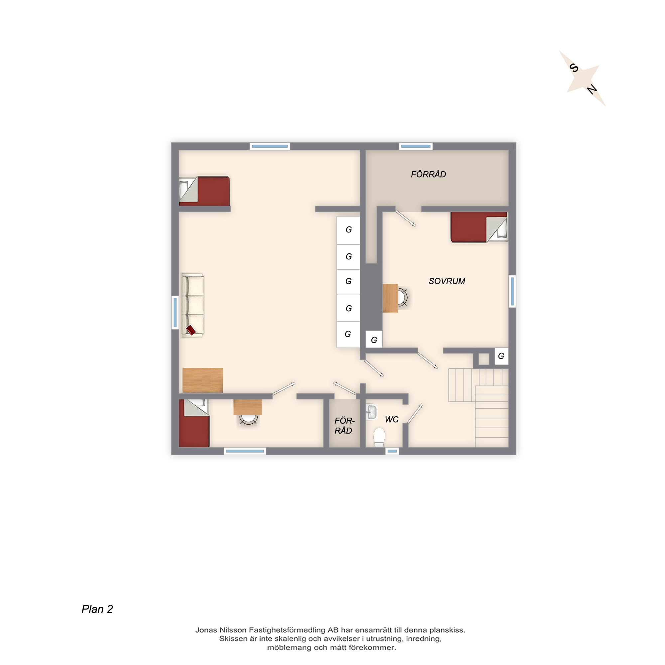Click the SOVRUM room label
click(447, 281)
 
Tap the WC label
click(392, 419)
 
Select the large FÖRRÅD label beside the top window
click(429, 174)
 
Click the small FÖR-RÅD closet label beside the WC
click(344, 426)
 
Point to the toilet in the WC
click(379, 437)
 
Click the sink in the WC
click(371, 412)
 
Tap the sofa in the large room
click(193, 305)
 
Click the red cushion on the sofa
click(191, 330)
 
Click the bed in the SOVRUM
click(479, 227)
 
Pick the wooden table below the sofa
click(203, 380)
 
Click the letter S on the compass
click(574, 68)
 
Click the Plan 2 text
click(97, 609)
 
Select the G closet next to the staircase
click(501, 356)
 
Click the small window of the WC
click(392, 451)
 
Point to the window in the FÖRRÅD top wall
click(416, 146)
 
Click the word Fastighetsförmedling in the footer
click(287, 630)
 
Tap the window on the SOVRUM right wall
click(512, 291)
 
